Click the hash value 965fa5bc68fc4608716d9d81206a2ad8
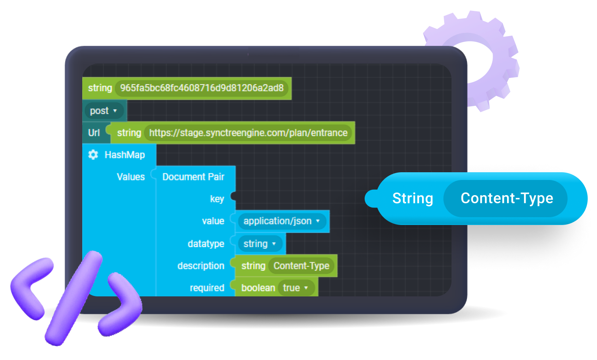tap(202, 88)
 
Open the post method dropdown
tap(104, 111)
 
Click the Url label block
tap(94, 133)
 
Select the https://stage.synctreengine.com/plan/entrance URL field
tap(248, 133)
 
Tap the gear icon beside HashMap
tap(93, 155)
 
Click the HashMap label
tap(125, 155)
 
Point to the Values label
tap(131, 177)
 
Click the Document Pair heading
tap(193, 177)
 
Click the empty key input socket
tap(234, 196)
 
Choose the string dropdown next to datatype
tap(259, 244)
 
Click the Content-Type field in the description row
tap(301, 266)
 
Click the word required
tap(207, 288)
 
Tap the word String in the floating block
tap(412, 198)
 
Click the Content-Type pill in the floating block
tap(506, 198)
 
